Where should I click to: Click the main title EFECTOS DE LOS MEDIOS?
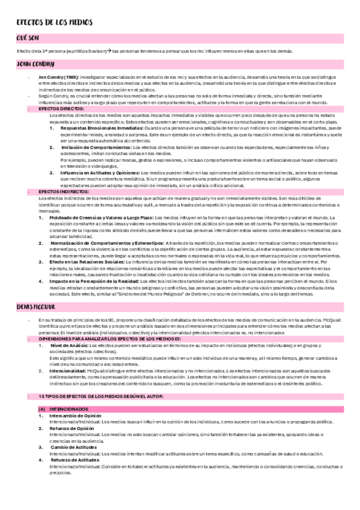pos(55,22)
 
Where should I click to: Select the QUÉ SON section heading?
pos(28,38)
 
